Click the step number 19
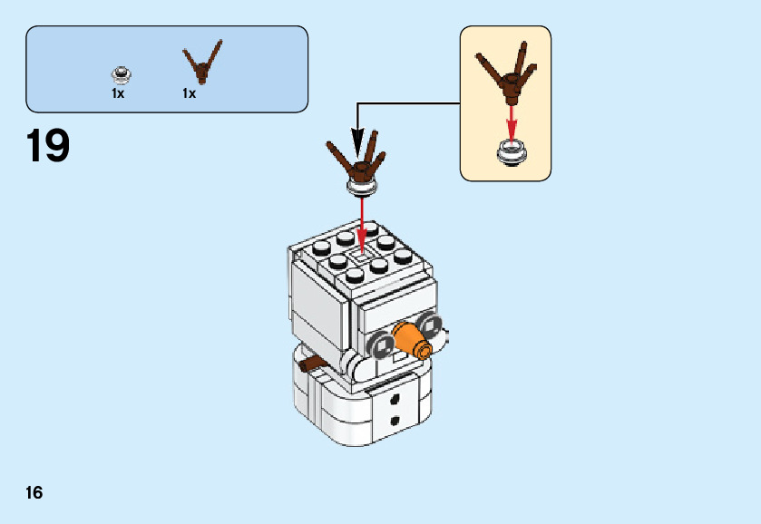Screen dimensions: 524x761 coord(48,146)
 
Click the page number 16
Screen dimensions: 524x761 coord(34,493)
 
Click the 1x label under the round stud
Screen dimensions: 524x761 coord(118,93)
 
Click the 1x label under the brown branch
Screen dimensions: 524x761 coord(189,93)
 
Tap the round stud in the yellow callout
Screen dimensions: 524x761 coord(512,151)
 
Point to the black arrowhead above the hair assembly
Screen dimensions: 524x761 coord(357,143)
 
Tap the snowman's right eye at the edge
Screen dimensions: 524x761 coord(433,327)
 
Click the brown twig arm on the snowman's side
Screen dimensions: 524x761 coord(313,364)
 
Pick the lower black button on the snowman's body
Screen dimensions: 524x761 coord(395,420)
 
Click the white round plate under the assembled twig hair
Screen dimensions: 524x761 coord(363,186)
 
